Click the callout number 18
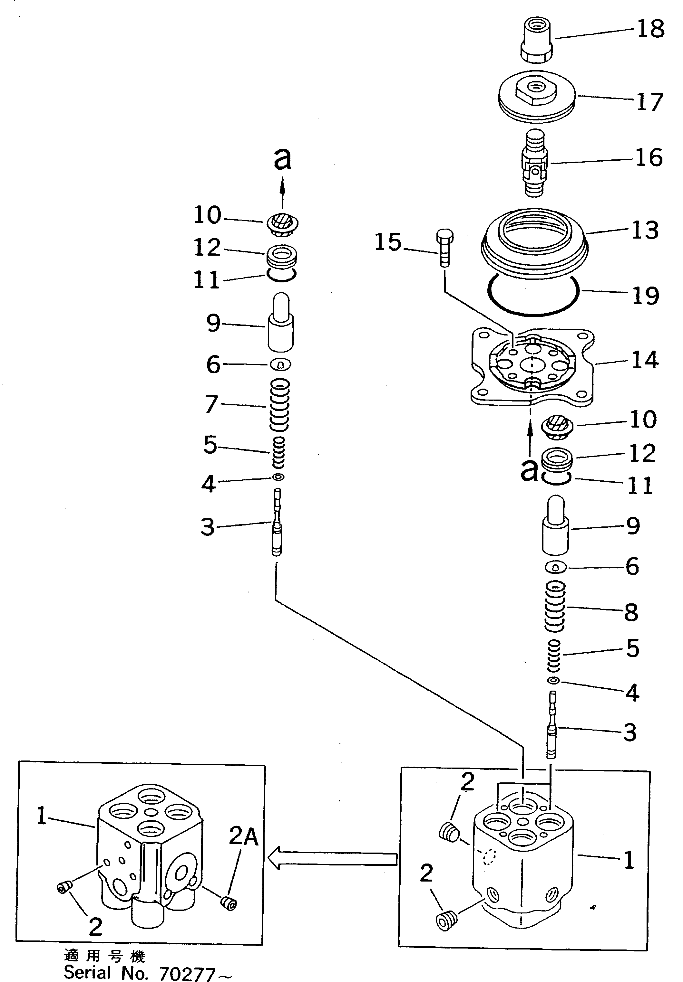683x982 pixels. pos(650,29)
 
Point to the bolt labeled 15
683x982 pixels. pos(444,248)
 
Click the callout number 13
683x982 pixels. pos(645,231)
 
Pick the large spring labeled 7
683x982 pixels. pos(279,404)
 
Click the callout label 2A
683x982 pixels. pos(243,836)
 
